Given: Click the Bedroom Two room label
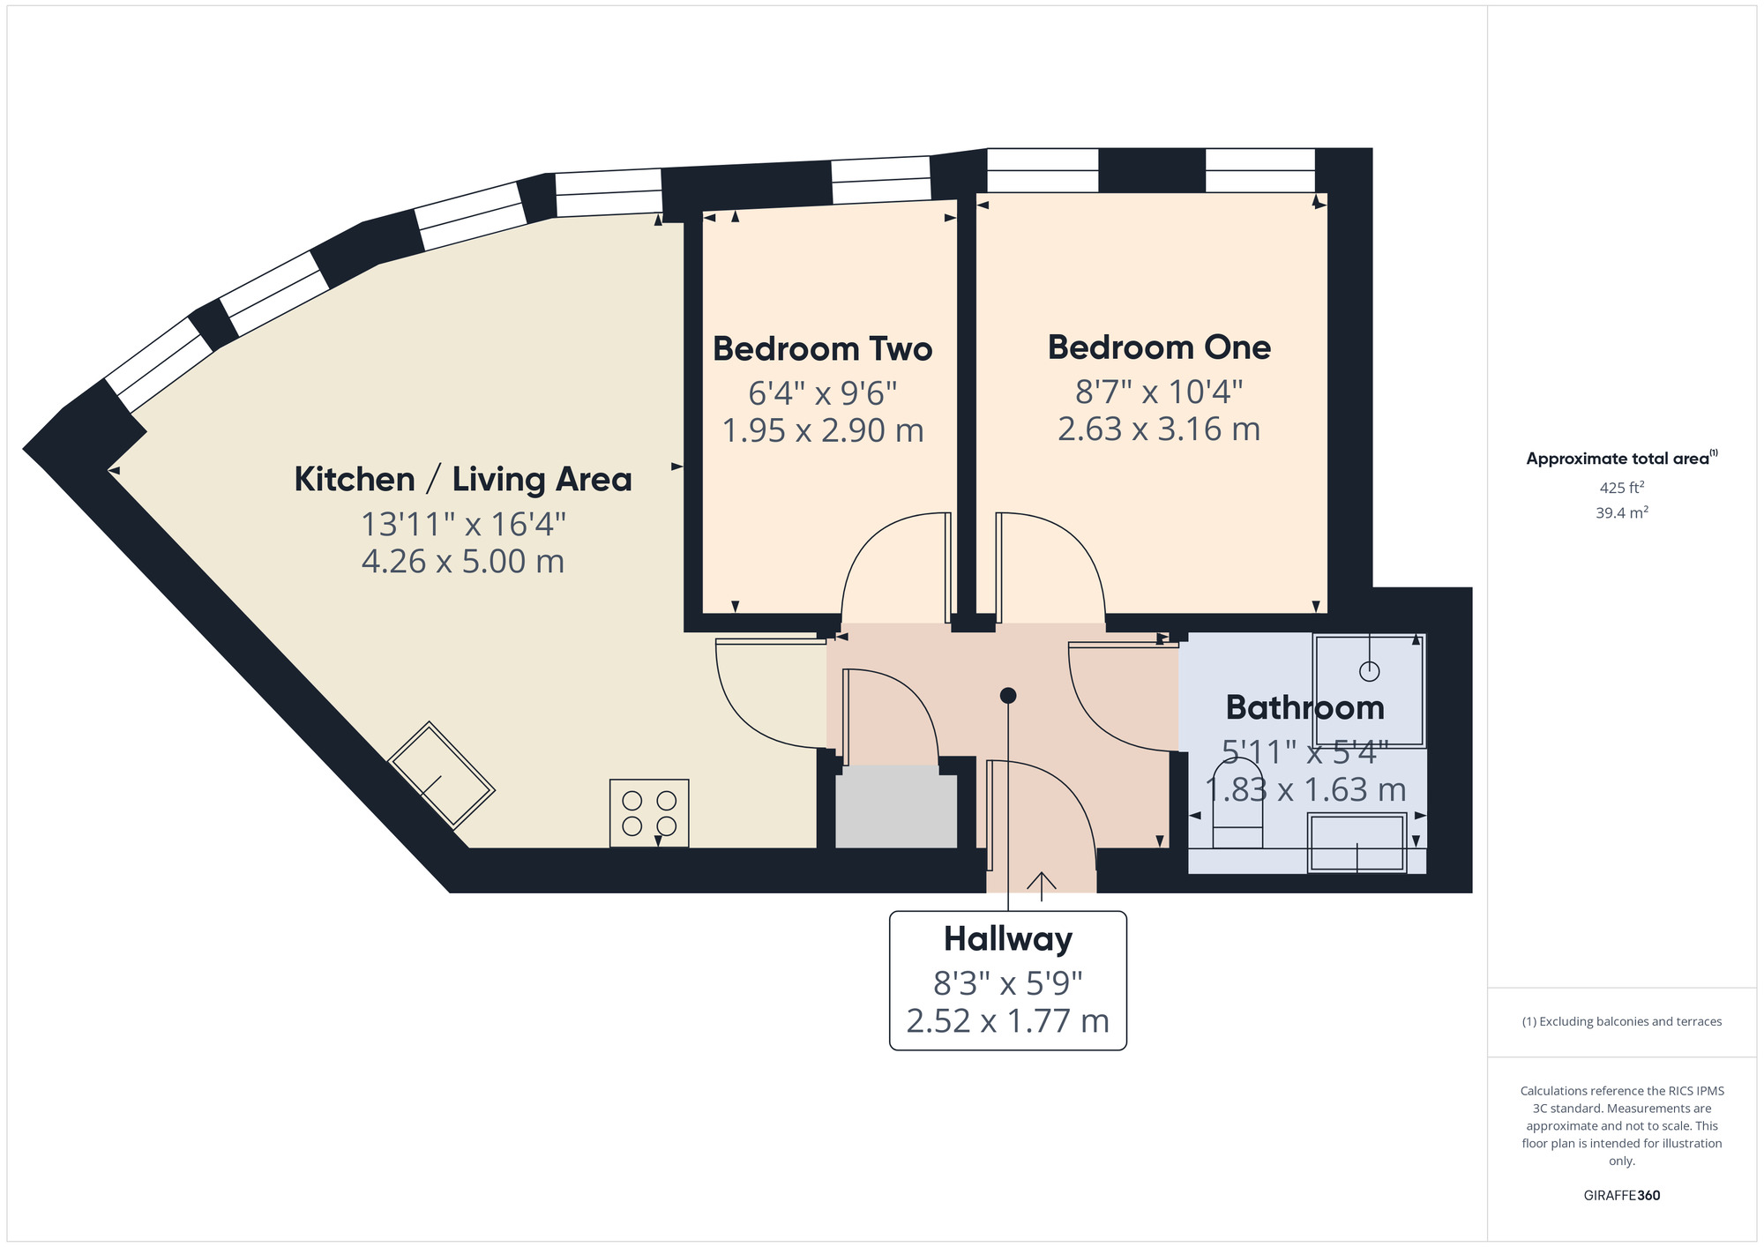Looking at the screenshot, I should (822, 349).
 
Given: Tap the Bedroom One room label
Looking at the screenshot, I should (1159, 347).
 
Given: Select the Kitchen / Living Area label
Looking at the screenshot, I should (462, 480).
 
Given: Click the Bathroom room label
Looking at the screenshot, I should (1304, 707).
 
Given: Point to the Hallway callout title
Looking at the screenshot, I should (1007, 938).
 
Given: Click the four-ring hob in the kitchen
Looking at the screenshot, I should (649, 813).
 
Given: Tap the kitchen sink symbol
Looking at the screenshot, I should (441, 775).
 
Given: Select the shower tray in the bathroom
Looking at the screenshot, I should (1368, 690).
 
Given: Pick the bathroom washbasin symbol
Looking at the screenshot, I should (1356, 843).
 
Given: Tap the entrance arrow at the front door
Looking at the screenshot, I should (1042, 885).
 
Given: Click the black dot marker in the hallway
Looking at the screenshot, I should (1008, 696).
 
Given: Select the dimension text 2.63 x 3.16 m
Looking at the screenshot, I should (1159, 429).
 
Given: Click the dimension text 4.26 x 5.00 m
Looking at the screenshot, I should (462, 562).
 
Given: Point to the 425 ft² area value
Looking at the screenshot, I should (1621, 488).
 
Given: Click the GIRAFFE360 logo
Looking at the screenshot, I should (1621, 1196).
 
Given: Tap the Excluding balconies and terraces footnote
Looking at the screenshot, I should (1621, 1022).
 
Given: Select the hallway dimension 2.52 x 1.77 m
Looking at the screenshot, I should (1007, 1021).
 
